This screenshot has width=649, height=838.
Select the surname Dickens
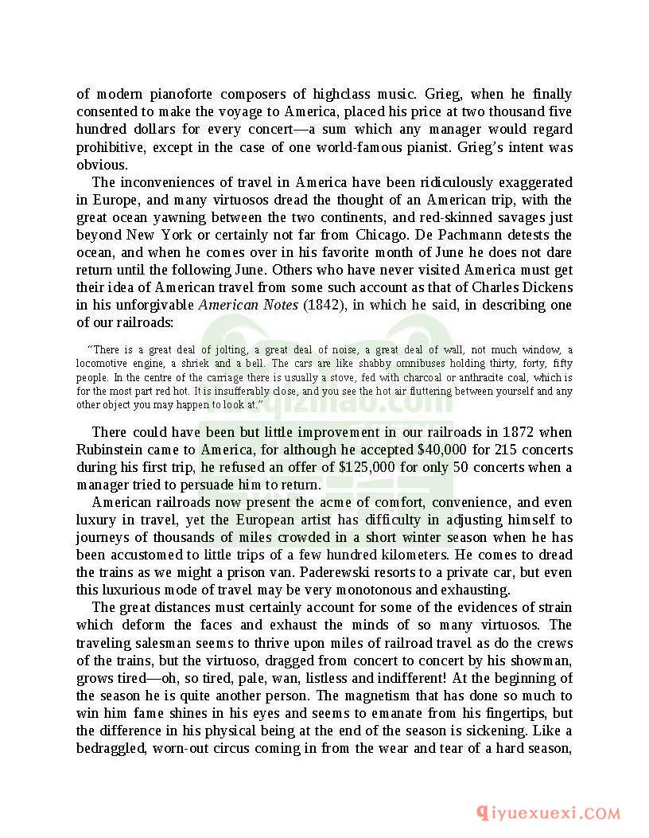pos(547,287)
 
